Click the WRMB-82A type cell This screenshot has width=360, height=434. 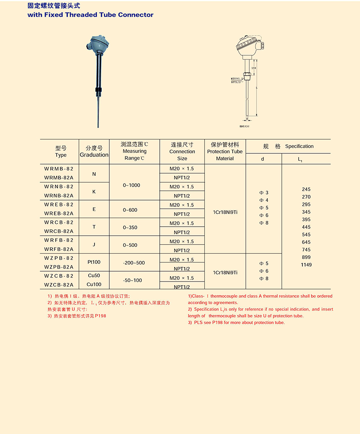pyautogui.click(x=59, y=178)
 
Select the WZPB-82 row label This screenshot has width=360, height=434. pyautogui.click(x=59, y=258)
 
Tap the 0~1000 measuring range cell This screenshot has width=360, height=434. pyautogui.click(x=131, y=185)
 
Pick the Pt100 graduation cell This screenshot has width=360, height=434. pyautogui.click(x=94, y=262)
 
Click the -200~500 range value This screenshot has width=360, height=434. pyautogui.click(x=134, y=263)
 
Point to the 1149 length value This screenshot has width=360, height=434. pyautogui.click(x=306, y=265)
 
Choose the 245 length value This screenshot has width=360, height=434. pyautogui.click(x=306, y=189)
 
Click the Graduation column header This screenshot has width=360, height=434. pyautogui.click(x=94, y=152)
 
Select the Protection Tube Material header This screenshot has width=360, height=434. pyautogui.click(x=225, y=152)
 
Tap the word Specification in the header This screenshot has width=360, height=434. pyautogui.click(x=299, y=146)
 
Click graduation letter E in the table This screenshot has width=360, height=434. pyautogui.click(x=94, y=209)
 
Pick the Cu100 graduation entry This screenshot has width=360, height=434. pyautogui.click(x=94, y=284)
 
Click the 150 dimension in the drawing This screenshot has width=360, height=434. pyautogui.click(x=254, y=68)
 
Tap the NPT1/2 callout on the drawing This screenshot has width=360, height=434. pyautogui.click(x=238, y=82)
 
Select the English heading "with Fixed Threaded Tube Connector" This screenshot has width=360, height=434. pyautogui.click(x=90, y=15)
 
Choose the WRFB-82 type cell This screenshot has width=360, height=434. pyautogui.click(x=59, y=240)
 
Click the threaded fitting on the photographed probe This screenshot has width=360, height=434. pyautogui.click(x=99, y=94)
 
